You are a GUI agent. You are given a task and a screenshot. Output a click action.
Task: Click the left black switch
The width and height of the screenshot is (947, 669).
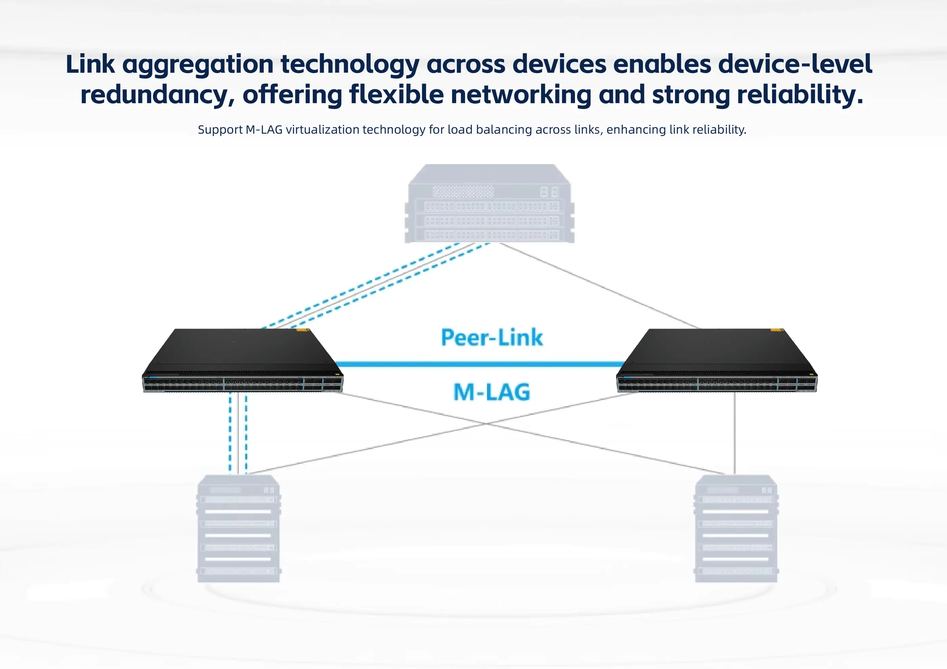(242, 360)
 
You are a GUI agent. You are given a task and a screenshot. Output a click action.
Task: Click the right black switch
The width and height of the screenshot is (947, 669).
(717, 360)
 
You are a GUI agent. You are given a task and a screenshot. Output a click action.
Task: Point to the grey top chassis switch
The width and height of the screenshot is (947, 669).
(490, 203)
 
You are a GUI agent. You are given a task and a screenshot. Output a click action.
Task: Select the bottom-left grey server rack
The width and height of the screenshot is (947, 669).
(239, 529)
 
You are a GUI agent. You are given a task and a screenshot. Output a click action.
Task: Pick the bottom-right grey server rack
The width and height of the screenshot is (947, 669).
(736, 529)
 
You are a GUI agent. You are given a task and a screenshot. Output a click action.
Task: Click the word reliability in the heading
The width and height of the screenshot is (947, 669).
(800, 94)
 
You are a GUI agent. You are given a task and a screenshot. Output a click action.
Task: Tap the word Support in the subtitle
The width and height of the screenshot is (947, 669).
(220, 130)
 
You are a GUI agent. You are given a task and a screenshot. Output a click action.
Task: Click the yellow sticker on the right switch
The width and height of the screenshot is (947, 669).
(777, 330)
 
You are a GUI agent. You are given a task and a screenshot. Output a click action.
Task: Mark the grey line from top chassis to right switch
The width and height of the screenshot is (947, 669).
(600, 286)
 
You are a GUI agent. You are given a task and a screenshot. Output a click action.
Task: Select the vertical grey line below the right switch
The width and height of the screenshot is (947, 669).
(735, 433)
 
